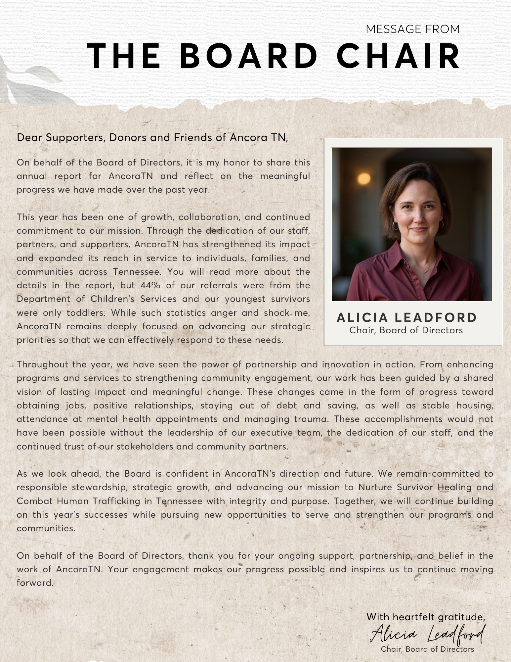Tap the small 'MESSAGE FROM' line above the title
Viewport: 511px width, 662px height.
click(x=413, y=29)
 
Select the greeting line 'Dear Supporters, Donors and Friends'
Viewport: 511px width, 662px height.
click(x=152, y=137)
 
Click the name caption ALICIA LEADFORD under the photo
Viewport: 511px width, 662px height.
click(x=406, y=317)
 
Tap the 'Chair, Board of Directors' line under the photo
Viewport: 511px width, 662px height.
click(x=406, y=330)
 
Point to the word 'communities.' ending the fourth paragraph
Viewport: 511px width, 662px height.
click(x=46, y=528)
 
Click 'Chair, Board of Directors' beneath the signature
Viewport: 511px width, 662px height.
click(x=427, y=649)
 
